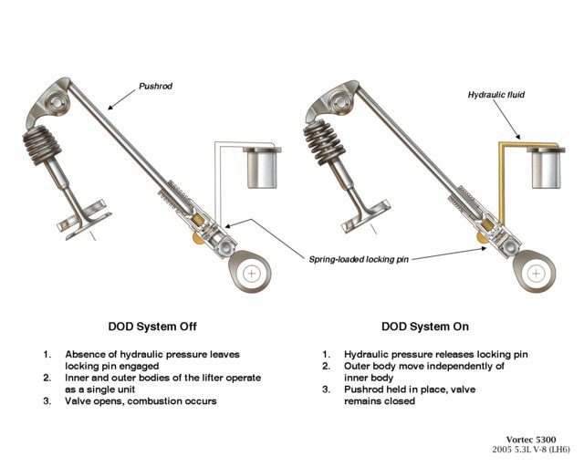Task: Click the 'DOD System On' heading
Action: click(426, 326)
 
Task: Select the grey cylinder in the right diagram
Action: click(549, 169)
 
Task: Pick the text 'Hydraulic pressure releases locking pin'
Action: click(436, 354)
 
